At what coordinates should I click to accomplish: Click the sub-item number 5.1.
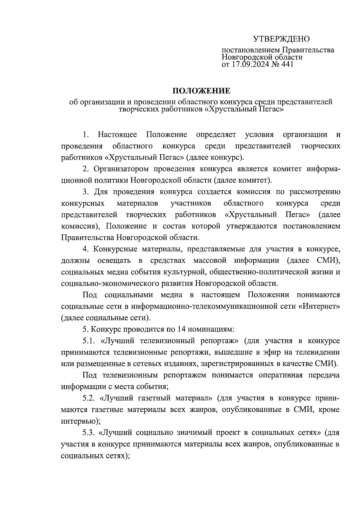point(89,341)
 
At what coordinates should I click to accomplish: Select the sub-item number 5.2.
point(89,398)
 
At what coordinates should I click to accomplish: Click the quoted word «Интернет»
point(320,307)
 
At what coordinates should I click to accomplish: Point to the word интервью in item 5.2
point(79,421)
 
